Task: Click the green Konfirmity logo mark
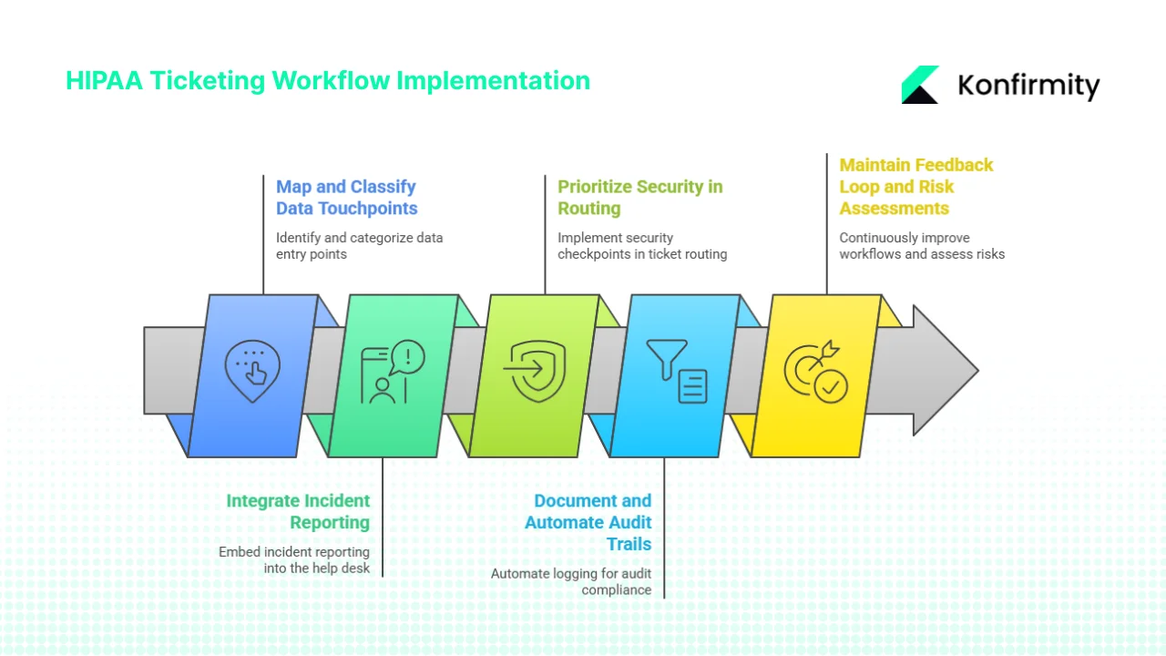pos(920,85)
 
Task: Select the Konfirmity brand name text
pos(1028,86)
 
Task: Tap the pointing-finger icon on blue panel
pos(253,372)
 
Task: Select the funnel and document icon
pos(677,372)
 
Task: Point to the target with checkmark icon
pos(816,373)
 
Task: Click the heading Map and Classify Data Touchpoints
pos(346,198)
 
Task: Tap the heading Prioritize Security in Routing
pos(639,198)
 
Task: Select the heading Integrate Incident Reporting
pos(298,512)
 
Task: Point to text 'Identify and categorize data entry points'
pos(359,246)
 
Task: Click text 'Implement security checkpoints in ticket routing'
pos(641,246)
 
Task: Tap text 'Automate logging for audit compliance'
pos(572,581)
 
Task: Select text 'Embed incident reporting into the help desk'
pos(294,559)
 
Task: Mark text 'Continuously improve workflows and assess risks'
pos(921,246)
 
